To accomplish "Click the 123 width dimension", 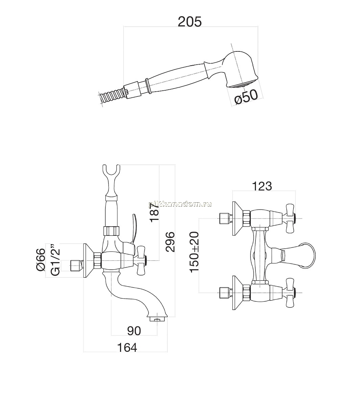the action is (262, 186).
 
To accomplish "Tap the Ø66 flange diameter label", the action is (41, 259).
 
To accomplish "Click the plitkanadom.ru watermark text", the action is (180, 204).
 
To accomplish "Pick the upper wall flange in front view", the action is (238, 219).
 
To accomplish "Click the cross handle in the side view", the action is (141, 260).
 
